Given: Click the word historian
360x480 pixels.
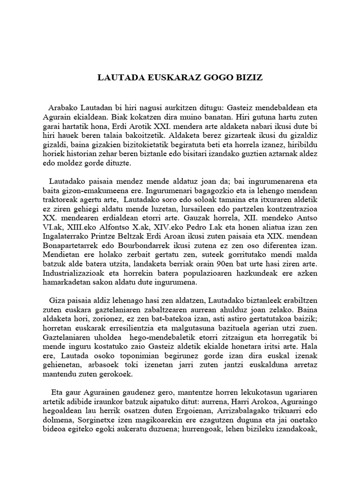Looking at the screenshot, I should [93, 154].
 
